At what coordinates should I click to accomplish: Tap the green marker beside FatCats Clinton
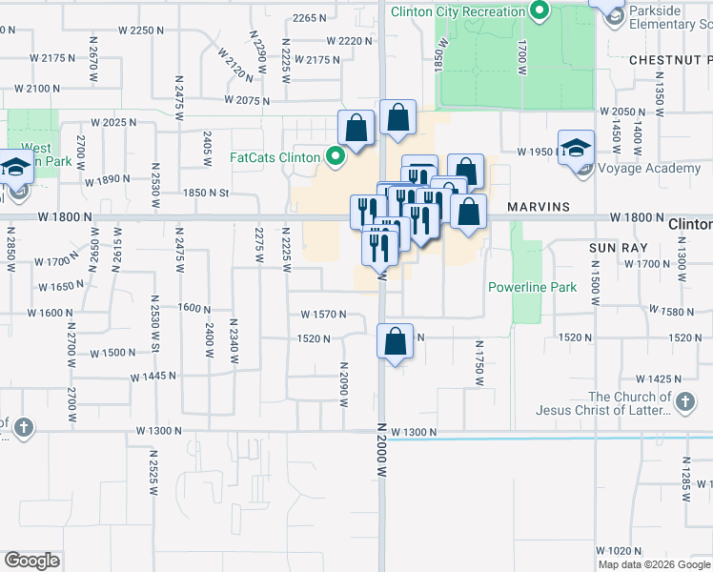(335, 157)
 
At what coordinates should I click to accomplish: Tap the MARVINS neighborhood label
(539, 206)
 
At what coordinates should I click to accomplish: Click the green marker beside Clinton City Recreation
(540, 11)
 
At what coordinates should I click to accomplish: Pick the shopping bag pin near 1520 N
(396, 341)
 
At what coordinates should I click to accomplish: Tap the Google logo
(32, 561)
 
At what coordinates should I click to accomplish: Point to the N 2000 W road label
(381, 451)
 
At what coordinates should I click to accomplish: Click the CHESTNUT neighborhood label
(667, 59)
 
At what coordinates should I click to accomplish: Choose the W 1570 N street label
(323, 315)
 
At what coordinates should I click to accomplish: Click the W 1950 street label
(535, 152)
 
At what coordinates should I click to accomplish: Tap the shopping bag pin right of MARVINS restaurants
(468, 212)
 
